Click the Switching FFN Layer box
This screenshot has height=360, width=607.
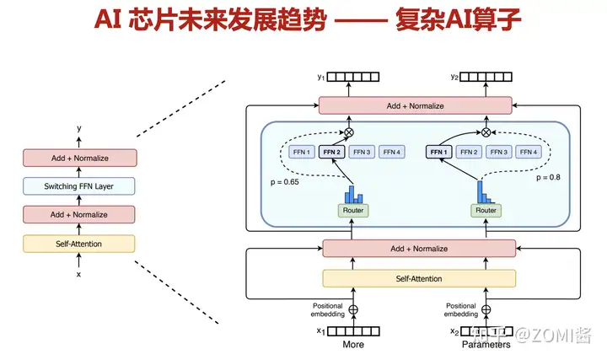[79, 186]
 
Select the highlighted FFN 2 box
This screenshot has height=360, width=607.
[332, 152]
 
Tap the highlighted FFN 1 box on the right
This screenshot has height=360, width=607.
[438, 152]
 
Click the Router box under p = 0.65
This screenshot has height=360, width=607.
[353, 211]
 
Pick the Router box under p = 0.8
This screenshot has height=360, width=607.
[486, 211]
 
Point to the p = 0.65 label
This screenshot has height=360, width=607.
[285, 182]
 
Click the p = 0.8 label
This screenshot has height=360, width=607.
[548, 177]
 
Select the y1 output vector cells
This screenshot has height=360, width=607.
[353, 77]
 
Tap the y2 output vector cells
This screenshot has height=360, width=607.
[486, 77]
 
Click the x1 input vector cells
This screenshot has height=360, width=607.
[353, 331]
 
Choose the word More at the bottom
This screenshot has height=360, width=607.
[353, 344]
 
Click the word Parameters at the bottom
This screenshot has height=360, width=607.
[486, 344]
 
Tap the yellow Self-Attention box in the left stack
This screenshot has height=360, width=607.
[79, 244]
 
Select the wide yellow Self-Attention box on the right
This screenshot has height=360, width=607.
[419, 279]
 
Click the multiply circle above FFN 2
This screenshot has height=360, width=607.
[349, 132]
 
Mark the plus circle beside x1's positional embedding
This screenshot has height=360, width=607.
[353, 309]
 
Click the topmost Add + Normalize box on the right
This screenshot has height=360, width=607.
[416, 105]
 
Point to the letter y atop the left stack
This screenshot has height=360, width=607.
[79, 128]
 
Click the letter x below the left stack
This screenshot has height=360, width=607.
[78, 275]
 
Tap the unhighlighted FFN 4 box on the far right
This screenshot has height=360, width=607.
[529, 152]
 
